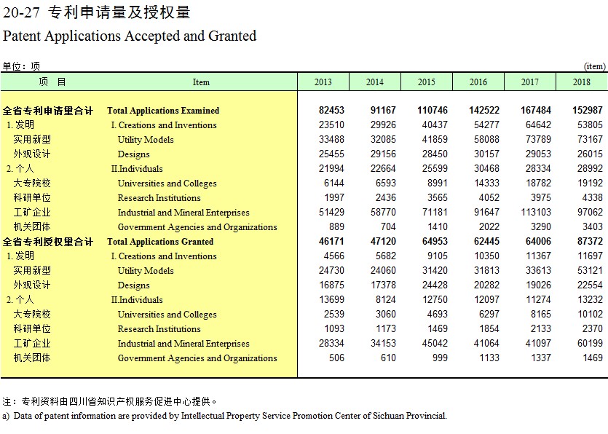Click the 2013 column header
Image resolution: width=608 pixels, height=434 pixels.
click(x=323, y=82)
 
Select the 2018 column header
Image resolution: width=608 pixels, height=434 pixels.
click(x=581, y=82)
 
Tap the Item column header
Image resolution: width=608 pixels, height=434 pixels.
click(x=201, y=82)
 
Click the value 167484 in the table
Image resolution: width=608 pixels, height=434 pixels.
click(x=535, y=110)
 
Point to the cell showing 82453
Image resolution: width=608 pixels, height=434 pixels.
click(x=331, y=110)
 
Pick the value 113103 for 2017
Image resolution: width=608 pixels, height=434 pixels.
click(x=535, y=212)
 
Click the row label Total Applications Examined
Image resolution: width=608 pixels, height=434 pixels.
click(x=163, y=111)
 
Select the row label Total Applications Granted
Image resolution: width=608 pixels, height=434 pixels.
click(x=160, y=242)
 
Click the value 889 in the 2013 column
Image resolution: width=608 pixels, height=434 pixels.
click(x=336, y=226)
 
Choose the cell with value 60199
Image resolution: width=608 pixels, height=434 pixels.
click(x=590, y=343)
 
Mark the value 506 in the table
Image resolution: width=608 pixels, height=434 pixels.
click(x=336, y=358)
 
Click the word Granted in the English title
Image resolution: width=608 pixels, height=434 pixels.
click(x=232, y=36)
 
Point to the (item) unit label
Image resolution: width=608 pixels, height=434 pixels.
click(x=594, y=66)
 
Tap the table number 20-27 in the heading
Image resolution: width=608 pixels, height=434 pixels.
click(x=21, y=12)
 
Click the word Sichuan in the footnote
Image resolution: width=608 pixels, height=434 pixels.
click(x=389, y=416)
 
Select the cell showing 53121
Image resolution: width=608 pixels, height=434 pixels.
click(x=590, y=270)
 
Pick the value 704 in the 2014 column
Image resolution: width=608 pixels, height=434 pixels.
click(x=388, y=226)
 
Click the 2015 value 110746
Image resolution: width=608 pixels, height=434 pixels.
click(x=433, y=110)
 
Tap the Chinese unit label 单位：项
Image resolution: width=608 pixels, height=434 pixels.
click(x=21, y=66)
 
